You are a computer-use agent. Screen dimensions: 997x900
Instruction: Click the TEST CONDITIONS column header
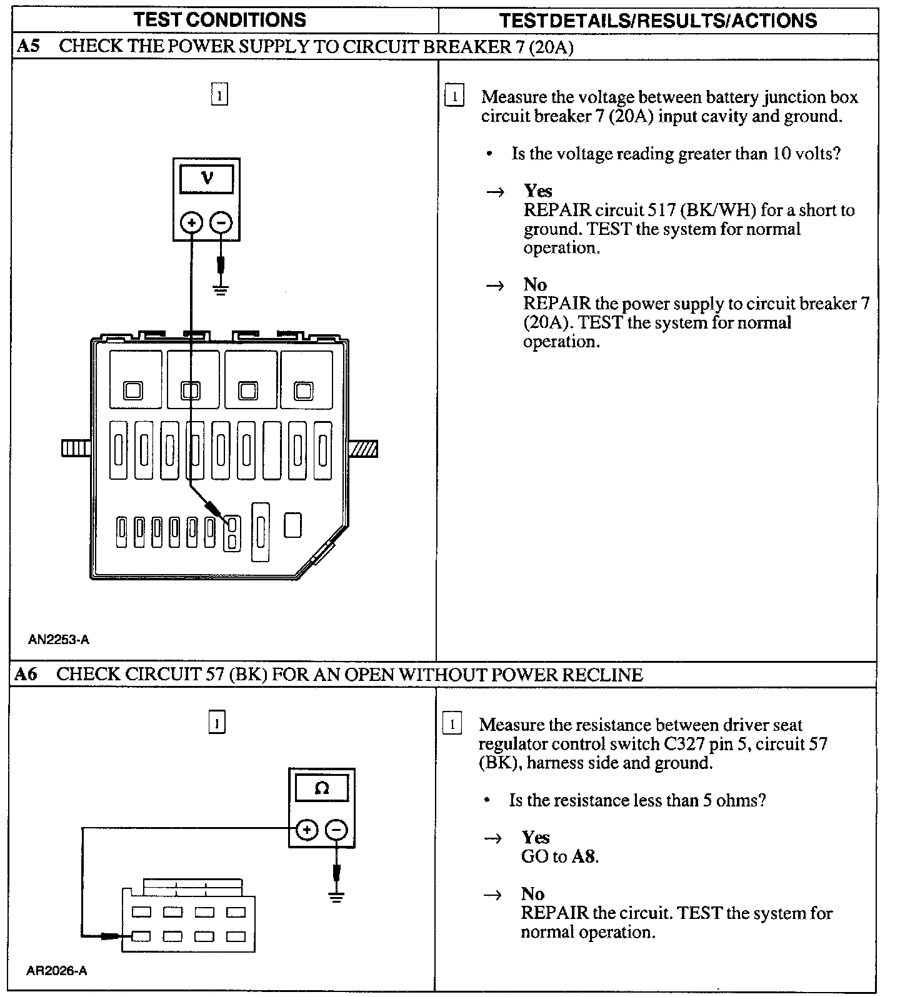[220, 19]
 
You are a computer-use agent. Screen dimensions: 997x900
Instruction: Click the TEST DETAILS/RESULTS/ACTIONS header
[658, 21]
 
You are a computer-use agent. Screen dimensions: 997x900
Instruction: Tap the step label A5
[28, 47]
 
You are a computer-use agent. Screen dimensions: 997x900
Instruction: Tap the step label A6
[26, 675]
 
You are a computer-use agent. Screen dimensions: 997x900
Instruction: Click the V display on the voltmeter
[207, 178]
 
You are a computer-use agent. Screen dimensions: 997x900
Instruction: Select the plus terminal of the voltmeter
[192, 222]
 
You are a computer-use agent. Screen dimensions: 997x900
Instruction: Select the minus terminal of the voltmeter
[221, 222]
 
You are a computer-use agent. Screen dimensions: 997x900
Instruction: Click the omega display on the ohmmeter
[322, 788]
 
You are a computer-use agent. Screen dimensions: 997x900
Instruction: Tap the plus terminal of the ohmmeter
[306, 830]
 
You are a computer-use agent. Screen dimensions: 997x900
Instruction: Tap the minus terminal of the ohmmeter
[336, 830]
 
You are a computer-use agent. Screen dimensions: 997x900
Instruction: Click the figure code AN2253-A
[59, 640]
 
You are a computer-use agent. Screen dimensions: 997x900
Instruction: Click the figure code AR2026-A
[57, 971]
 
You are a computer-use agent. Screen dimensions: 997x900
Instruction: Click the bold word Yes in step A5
[537, 191]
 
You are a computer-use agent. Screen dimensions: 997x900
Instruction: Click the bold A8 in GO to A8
[584, 856]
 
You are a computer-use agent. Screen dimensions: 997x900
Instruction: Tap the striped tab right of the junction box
[363, 449]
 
